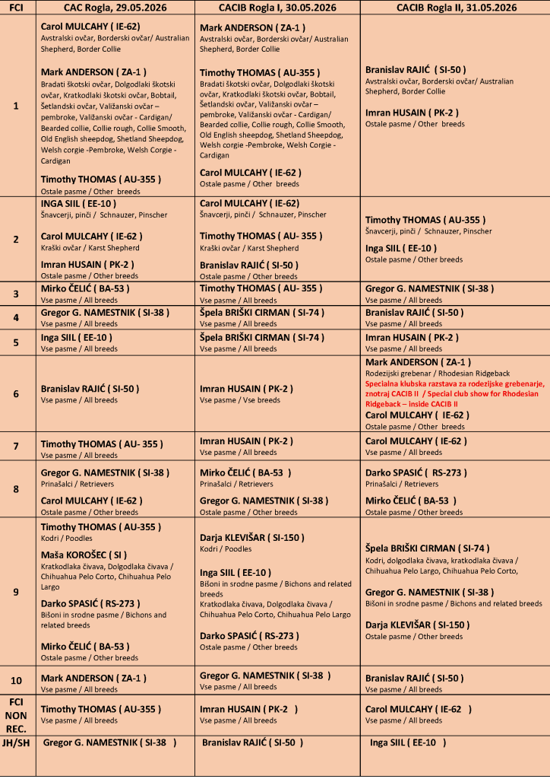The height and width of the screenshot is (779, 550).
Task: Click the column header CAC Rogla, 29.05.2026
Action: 115,7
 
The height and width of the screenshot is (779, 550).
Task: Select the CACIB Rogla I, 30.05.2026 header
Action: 277,7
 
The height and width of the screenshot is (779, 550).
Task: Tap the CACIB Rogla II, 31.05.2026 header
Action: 457,7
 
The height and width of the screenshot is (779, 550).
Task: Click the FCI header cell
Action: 17,7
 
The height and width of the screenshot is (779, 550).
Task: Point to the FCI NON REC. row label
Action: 17,715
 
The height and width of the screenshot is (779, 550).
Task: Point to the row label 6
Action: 17,394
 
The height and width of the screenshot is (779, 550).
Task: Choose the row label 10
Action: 17,681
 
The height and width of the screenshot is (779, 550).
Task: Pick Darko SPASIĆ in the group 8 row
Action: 408,472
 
